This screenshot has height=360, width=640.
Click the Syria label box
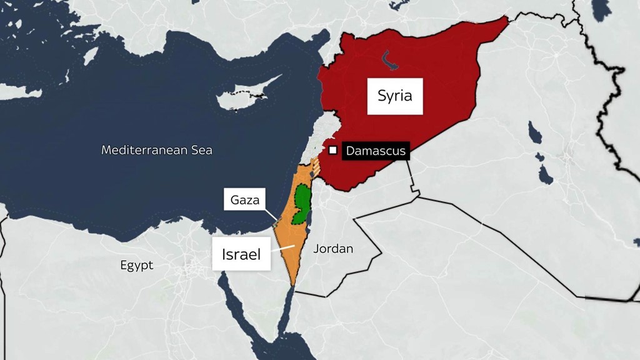click(x=394, y=96)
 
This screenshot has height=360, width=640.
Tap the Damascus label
click(x=376, y=151)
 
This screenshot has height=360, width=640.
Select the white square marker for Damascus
click(x=334, y=151)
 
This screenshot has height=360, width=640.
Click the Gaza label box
click(x=244, y=201)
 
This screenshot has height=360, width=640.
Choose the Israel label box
click(x=241, y=254)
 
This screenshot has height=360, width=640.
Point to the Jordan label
click(x=333, y=249)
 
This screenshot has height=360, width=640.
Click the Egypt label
click(x=136, y=266)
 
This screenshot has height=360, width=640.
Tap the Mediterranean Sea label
click(x=156, y=150)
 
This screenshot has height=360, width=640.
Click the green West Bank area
click(x=302, y=204)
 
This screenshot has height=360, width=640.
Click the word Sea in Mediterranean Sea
click(x=202, y=150)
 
